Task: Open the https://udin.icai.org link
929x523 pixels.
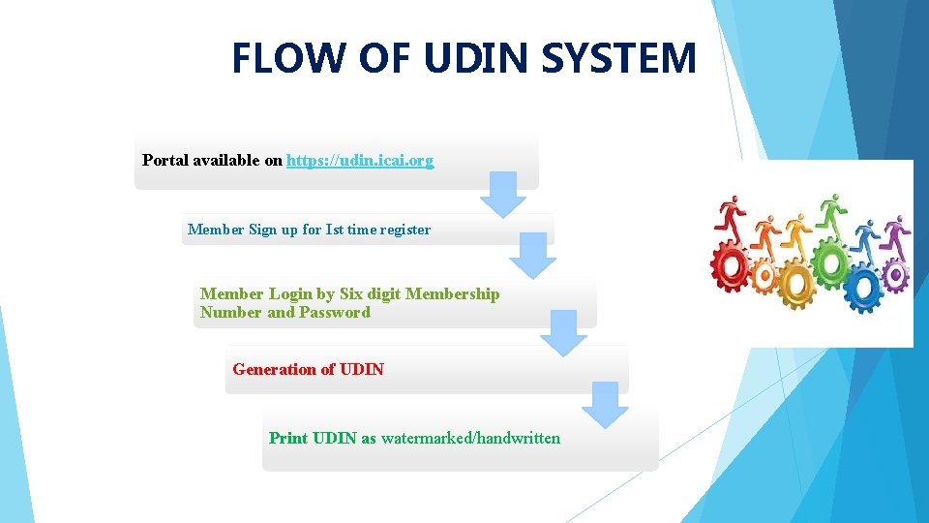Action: pyautogui.click(x=360, y=160)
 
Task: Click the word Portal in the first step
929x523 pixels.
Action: pyautogui.click(x=165, y=160)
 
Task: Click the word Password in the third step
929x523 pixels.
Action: pyautogui.click(x=335, y=312)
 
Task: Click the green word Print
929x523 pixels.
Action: pyautogui.click(x=287, y=438)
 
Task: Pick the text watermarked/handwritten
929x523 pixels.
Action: pyautogui.click(x=470, y=438)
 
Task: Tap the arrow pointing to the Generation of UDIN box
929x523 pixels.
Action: pyautogui.click(x=563, y=333)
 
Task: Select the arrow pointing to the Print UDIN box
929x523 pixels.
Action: pyautogui.click(x=605, y=405)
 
